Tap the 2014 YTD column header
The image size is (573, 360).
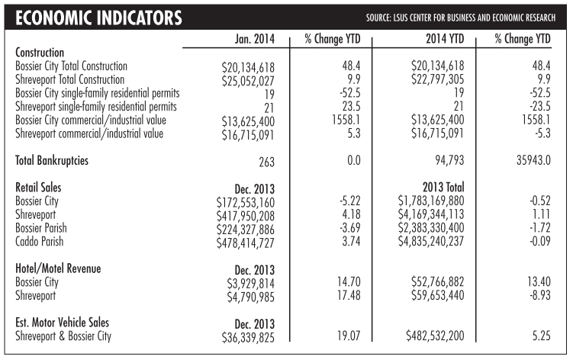point(422,39)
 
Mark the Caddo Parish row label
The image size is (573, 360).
point(43,242)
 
